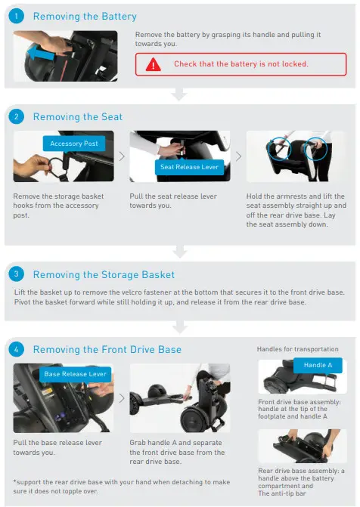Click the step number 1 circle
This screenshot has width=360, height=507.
tap(17, 16)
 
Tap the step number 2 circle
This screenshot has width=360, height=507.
tap(17, 116)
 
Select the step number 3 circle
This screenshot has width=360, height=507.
tap(17, 275)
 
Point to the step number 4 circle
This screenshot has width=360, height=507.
tap(17, 349)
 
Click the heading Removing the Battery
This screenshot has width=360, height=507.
tap(85, 16)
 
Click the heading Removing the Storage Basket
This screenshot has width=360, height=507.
tap(104, 275)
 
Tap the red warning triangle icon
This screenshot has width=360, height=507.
tap(154, 64)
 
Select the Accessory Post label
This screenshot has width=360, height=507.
tap(74, 144)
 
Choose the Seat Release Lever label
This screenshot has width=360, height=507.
tap(189, 167)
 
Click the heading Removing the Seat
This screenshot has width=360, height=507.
tap(77, 116)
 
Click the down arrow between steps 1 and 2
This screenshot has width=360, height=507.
tap(179, 94)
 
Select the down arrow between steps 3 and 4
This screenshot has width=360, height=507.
tap(179, 326)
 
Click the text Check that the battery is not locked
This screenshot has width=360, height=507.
tap(241, 64)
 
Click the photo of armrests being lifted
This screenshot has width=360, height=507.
tap(296, 156)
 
